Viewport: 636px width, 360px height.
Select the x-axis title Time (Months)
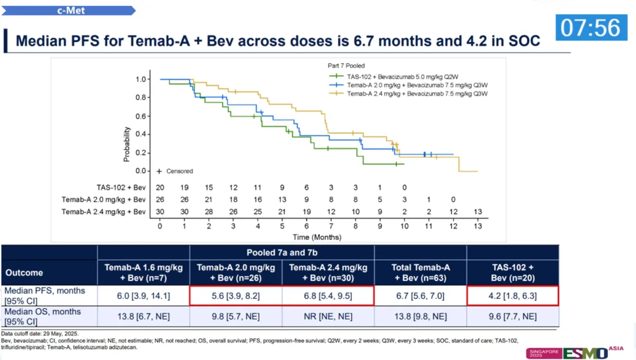click(x=318, y=237)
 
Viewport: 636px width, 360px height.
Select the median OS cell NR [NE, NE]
click(x=327, y=316)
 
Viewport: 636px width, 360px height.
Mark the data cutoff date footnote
click(x=37, y=333)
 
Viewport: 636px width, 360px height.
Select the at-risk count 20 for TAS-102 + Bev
click(x=160, y=187)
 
